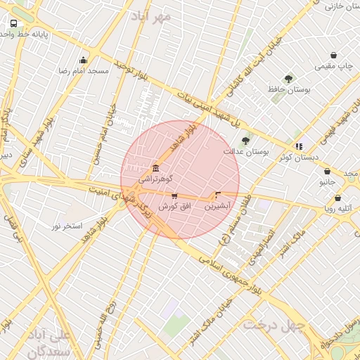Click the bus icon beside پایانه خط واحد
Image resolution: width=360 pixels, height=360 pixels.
(14, 23)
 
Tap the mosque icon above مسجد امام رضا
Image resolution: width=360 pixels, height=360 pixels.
(84, 60)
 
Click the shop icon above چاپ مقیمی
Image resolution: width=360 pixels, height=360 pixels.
(333, 55)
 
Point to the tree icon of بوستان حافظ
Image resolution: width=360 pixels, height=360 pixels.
(288, 79)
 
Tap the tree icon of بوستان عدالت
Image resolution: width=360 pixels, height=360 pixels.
(245, 141)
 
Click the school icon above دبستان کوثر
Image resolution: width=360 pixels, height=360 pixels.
(299, 146)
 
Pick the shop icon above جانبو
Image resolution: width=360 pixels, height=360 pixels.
(327, 171)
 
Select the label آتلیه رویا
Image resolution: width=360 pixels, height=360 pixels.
(339, 208)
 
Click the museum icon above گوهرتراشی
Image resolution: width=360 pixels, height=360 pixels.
(155, 168)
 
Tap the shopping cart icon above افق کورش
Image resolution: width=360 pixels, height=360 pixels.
(174, 196)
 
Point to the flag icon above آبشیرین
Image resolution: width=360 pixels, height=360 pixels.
(217, 195)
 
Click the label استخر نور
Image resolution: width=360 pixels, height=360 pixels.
(67, 226)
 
